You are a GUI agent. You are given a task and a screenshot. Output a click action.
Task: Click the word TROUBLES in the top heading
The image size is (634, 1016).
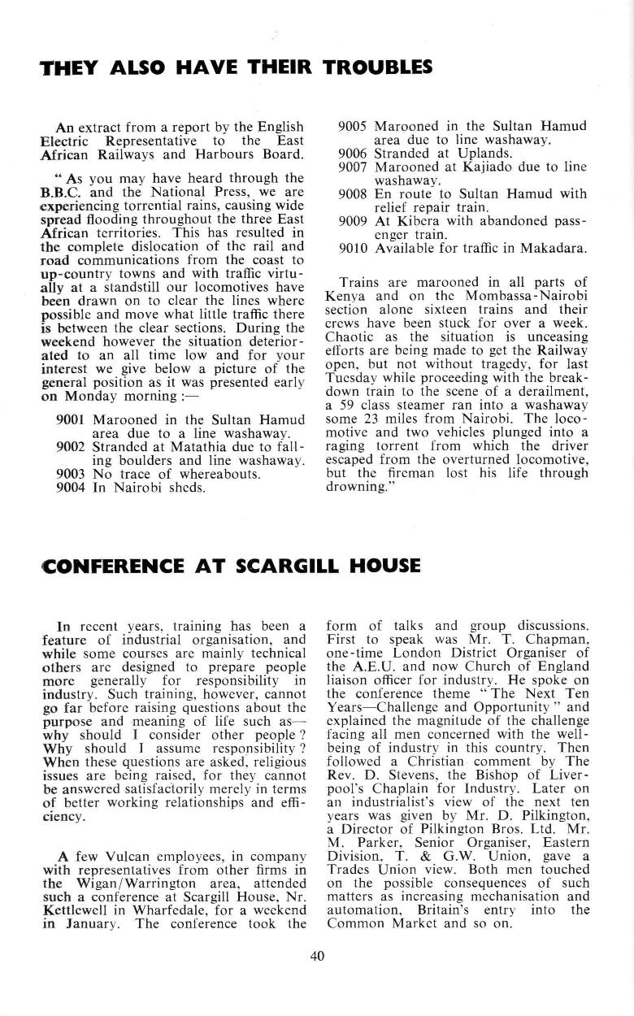click(378, 67)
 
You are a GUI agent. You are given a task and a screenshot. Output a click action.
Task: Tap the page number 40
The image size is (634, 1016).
click(317, 956)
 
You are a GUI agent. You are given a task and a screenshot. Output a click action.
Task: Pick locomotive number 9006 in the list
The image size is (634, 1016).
click(354, 152)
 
